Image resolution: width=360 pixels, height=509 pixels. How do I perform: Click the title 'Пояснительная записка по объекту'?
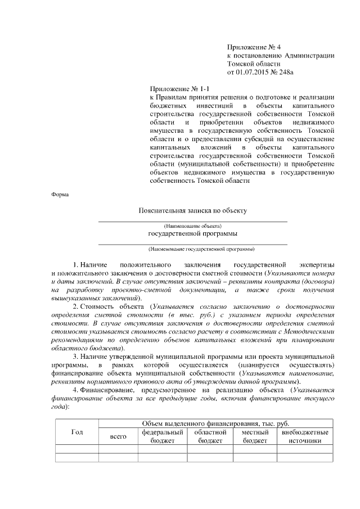point(193,210)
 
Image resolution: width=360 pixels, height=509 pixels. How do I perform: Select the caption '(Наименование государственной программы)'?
point(193,248)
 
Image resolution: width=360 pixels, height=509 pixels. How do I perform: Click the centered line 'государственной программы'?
point(193,233)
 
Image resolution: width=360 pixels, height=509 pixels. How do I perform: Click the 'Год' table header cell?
point(78,432)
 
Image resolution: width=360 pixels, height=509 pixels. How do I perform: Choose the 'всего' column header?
point(118,436)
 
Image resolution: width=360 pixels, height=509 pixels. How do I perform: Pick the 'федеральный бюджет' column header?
point(163,436)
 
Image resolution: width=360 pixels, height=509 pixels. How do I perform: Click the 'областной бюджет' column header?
point(210,436)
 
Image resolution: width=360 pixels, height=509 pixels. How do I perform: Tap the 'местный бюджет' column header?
point(255,436)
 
